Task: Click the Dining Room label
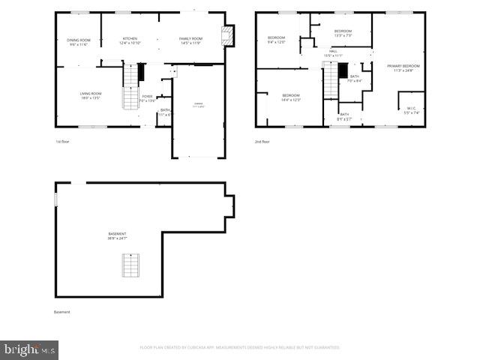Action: point(79,42)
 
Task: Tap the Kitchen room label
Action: point(130,40)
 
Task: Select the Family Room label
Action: point(190,40)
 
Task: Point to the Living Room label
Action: point(91,95)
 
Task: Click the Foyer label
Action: point(148,97)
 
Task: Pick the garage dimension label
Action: point(198,105)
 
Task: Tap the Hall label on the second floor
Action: point(333,53)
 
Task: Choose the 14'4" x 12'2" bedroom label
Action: point(291,97)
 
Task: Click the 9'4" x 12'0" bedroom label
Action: point(277,40)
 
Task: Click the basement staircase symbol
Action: point(131,265)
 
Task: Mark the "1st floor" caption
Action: point(62,142)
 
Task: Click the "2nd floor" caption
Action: point(263,142)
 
